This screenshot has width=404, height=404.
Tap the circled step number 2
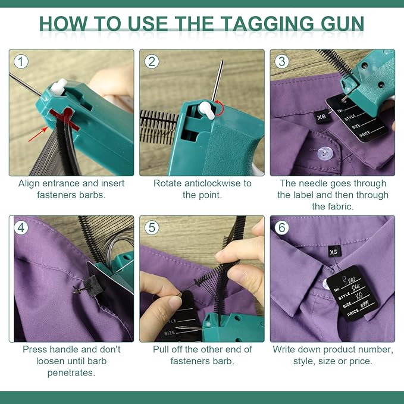pyautogui.click(x=153, y=61)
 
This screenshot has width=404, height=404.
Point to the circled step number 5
pyautogui.click(x=153, y=227)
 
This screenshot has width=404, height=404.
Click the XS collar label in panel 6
pyautogui.click(x=333, y=252)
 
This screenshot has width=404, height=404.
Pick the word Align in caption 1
pyautogui.click(x=30, y=183)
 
